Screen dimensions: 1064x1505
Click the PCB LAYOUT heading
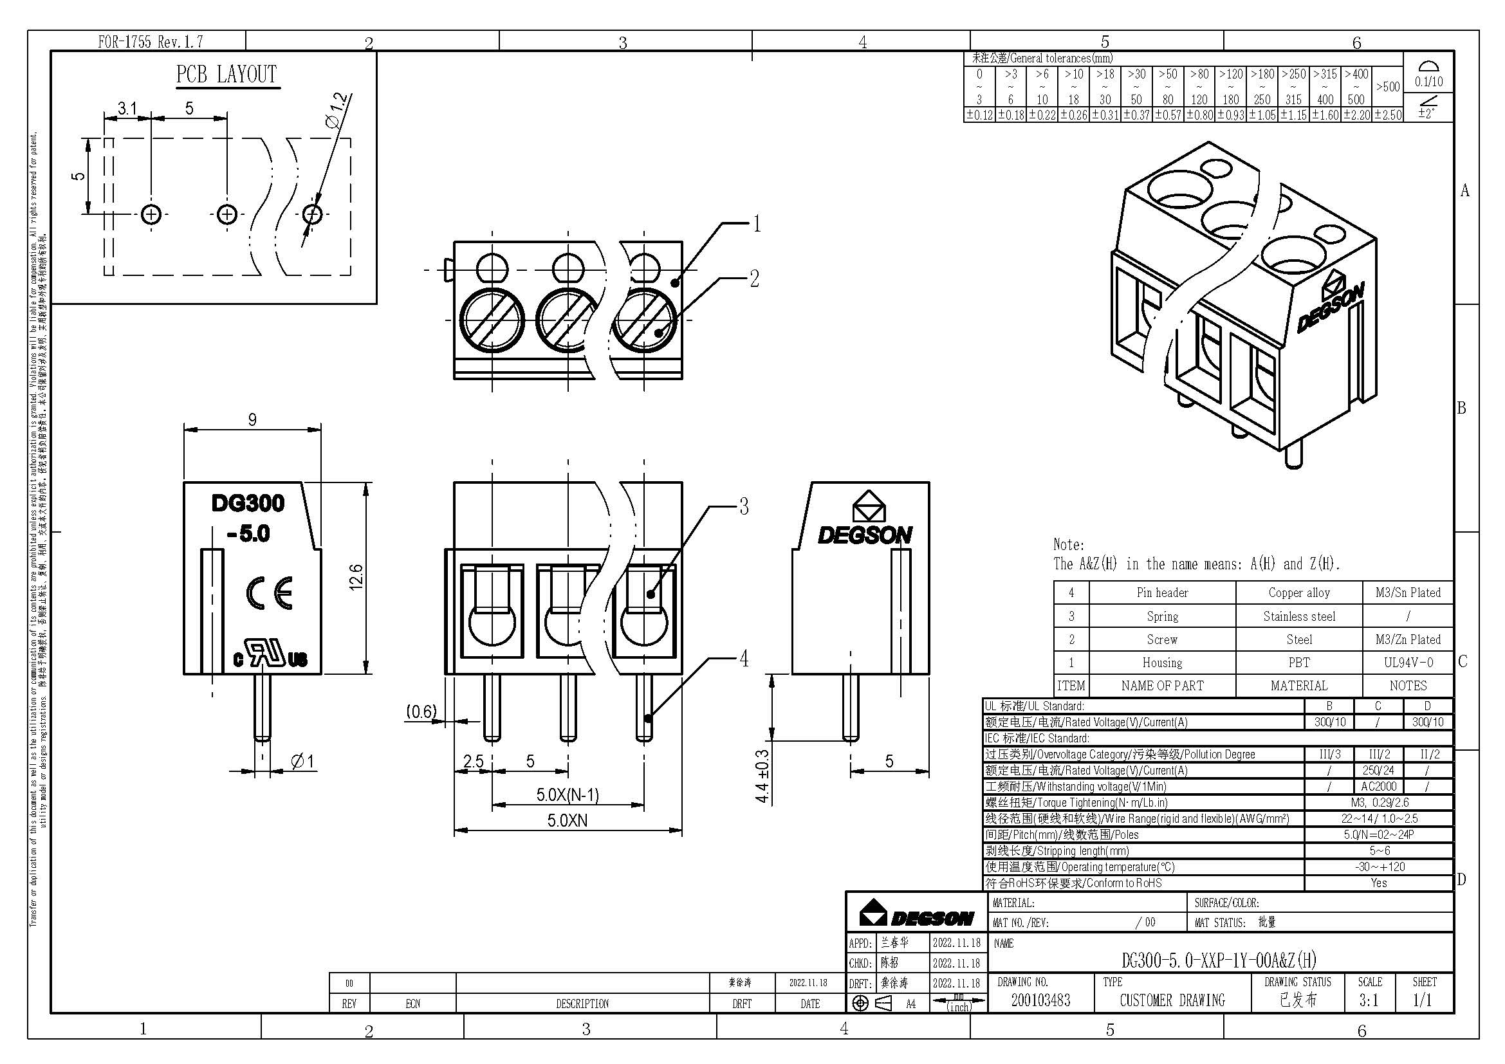(x=226, y=74)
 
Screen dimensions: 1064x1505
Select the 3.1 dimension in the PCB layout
(x=127, y=108)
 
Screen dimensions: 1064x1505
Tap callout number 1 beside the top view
(x=757, y=224)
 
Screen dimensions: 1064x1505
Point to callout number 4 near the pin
(x=744, y=659)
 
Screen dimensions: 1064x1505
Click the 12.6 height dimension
(x=356, y=577)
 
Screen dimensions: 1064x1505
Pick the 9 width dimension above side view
(x=252, y=420)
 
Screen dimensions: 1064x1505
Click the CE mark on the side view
(x=270, y=594)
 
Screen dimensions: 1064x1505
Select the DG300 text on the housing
(x=248, y=503)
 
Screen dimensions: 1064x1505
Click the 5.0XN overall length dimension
(x=568, y=820)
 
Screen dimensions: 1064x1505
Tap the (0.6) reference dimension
(x=421, y=711)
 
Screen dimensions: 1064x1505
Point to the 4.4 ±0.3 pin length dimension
(x=762, y=776)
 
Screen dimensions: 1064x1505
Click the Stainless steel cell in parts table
(x=1298, y=616)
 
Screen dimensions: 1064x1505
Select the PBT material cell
(x=1298, y=663)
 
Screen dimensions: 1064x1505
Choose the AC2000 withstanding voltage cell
(x=1378, y=786)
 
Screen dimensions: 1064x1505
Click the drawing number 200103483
(x=1040, y=1000)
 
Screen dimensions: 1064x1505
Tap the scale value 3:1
(x=1369, y=1000)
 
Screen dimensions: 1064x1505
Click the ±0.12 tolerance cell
(x=979, y=115)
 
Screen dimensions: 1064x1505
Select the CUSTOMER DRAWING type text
(x=1172, y=1000)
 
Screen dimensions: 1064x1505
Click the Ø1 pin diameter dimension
(x=302, y=761)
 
